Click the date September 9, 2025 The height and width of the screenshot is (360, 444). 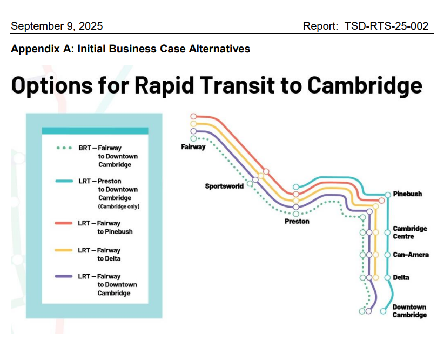57,26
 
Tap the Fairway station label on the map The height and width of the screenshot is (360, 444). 193,147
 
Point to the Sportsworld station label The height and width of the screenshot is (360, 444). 224,186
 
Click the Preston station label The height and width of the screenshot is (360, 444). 297,221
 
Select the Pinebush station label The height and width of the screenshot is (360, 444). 407,194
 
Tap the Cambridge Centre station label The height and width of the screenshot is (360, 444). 409,232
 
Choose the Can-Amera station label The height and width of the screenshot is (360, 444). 411,255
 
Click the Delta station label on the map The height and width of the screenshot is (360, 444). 401,277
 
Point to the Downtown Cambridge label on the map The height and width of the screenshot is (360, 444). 409,311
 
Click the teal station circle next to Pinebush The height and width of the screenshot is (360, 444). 388,194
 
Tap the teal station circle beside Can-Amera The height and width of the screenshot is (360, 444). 388,255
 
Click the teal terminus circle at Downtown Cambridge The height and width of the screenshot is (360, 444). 383,311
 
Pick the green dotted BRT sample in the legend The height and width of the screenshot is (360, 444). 64,148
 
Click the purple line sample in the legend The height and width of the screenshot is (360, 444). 64,276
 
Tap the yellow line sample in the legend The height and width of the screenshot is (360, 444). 64,250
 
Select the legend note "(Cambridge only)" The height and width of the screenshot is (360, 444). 118,206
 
